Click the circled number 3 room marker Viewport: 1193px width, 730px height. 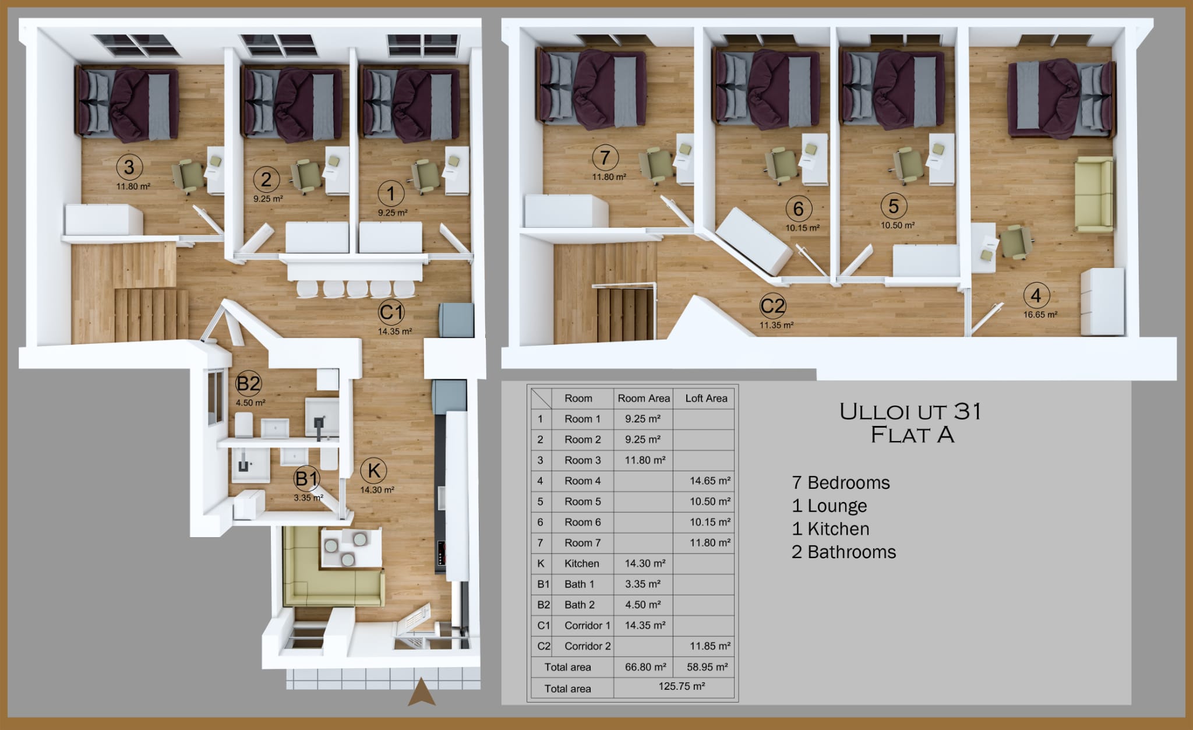[129, 167]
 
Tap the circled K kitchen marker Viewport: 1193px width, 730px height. [374, 470]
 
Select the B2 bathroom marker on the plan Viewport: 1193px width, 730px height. [248, 383]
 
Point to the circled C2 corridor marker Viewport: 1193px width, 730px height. [773, 305]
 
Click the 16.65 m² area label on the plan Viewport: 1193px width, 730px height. [1040, 315]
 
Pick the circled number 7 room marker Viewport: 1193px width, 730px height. [605, 157]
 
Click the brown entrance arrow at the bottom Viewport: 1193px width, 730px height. [422, 692]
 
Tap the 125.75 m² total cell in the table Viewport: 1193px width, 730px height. [682, 686]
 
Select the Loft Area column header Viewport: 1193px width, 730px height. [706, 398]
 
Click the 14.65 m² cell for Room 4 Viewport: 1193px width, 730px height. [710, 481]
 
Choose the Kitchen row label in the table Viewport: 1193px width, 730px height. [581, 563]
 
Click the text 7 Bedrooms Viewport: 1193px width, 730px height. [841, 482]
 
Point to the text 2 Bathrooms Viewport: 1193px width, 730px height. [843, 552]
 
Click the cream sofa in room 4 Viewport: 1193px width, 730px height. [1094, 195]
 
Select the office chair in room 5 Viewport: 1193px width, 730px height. [906, 165]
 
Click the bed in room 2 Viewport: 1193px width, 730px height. [293, 104]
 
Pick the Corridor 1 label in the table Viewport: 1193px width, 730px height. [587, 626]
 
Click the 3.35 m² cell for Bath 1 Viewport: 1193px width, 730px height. [643, 584]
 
